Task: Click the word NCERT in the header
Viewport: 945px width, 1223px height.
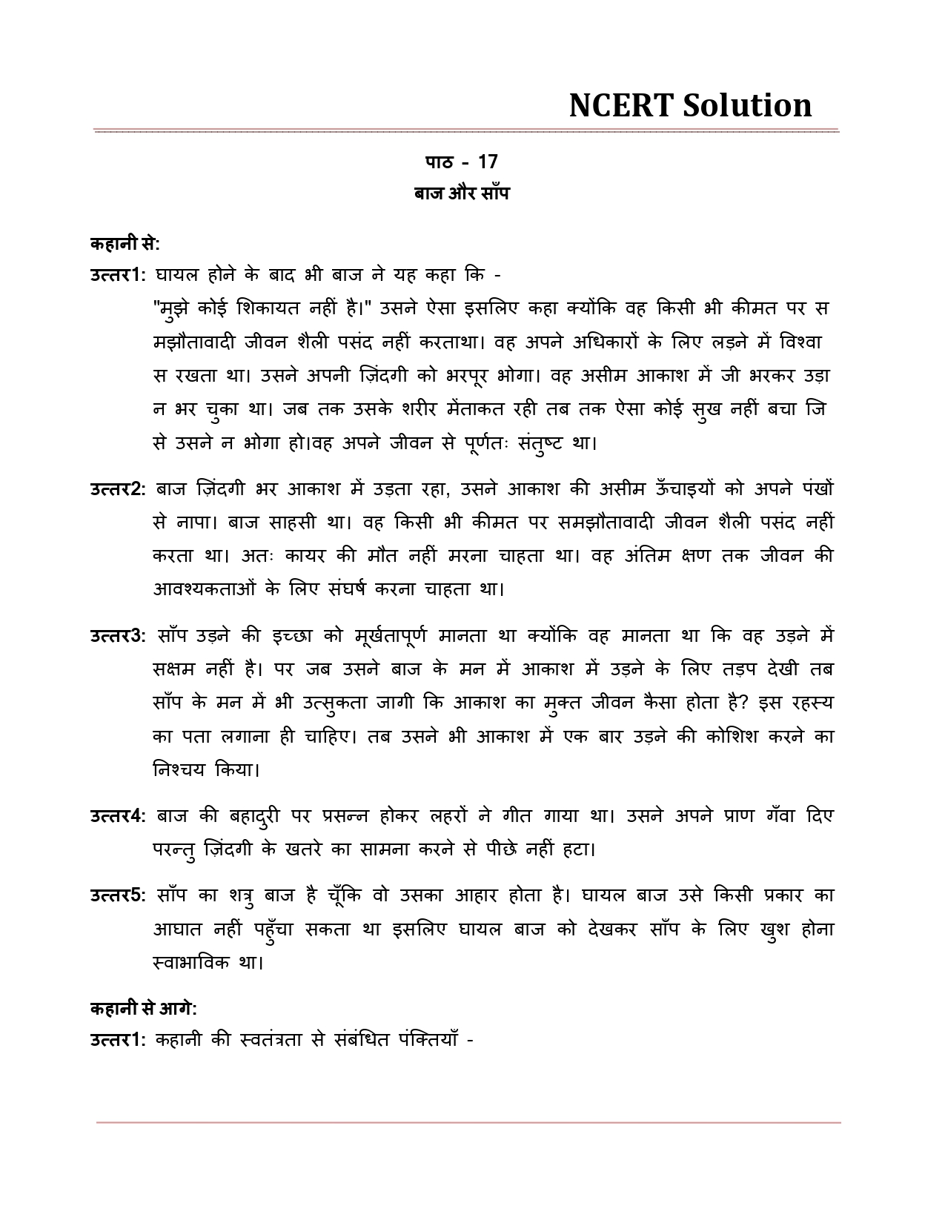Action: click(x=620, y=105)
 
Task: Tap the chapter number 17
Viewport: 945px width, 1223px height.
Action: click(x=487, y=162)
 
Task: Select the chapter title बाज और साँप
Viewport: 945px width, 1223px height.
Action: click(x=462, y=193)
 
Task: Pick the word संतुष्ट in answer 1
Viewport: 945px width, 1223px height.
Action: click(x=529, y=443)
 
